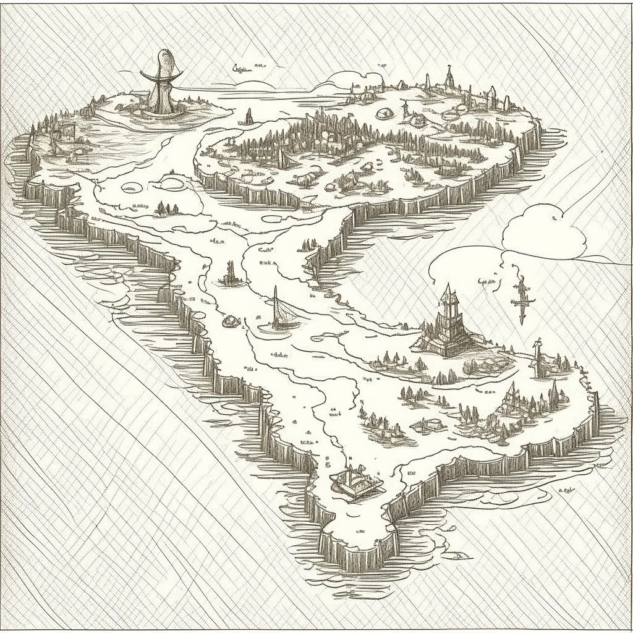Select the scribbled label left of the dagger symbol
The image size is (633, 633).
click(x=486, y=282)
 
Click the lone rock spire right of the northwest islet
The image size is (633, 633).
click(x=249, y=116)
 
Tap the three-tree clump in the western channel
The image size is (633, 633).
click(x=166, y=208)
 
